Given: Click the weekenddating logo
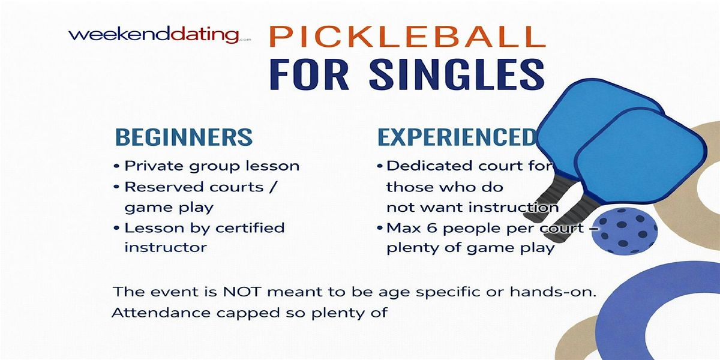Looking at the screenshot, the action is point(160,35).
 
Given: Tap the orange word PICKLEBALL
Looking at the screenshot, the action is point(407,37).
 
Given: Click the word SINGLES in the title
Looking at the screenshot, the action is point(457,74).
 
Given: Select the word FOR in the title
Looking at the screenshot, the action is point(309,74).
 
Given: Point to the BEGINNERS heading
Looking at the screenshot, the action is point(184,137).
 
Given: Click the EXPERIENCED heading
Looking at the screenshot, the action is point(457,137).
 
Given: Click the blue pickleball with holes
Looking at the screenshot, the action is point(624,231).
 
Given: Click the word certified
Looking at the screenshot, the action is point(250,228).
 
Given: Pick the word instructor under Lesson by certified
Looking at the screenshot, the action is point(166,247).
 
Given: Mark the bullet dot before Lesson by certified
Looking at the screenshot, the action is point(116,228).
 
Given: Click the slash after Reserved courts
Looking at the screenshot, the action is point(272,187).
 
